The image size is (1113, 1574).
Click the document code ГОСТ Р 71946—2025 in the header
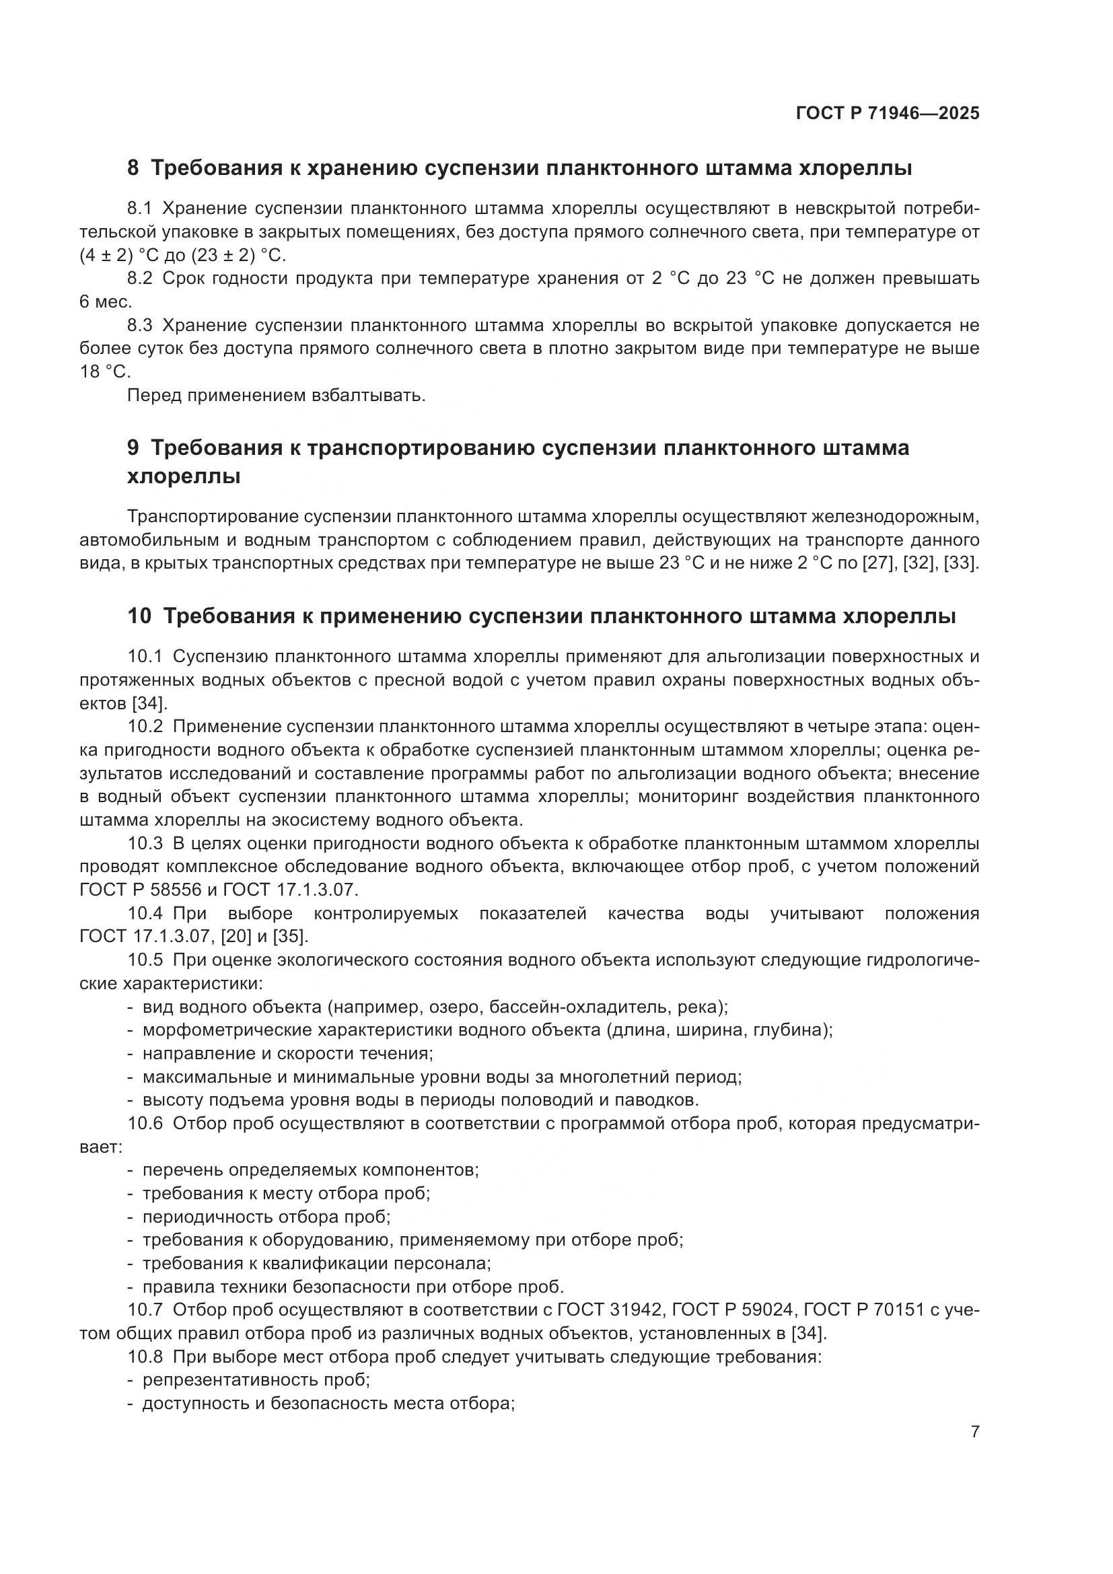(x=888, y=113)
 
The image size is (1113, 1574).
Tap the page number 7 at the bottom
(x=974, y=1431)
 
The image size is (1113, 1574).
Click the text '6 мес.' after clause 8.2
(x=106, y=301)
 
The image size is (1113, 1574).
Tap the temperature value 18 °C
(x=104, y=371)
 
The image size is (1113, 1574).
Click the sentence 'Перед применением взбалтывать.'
(x=276, y=396)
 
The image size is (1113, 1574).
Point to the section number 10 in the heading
(x=139, y=616)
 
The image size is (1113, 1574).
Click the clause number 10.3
(x=145, y=843)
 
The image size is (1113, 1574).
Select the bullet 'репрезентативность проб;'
(x=256, y=1380)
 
